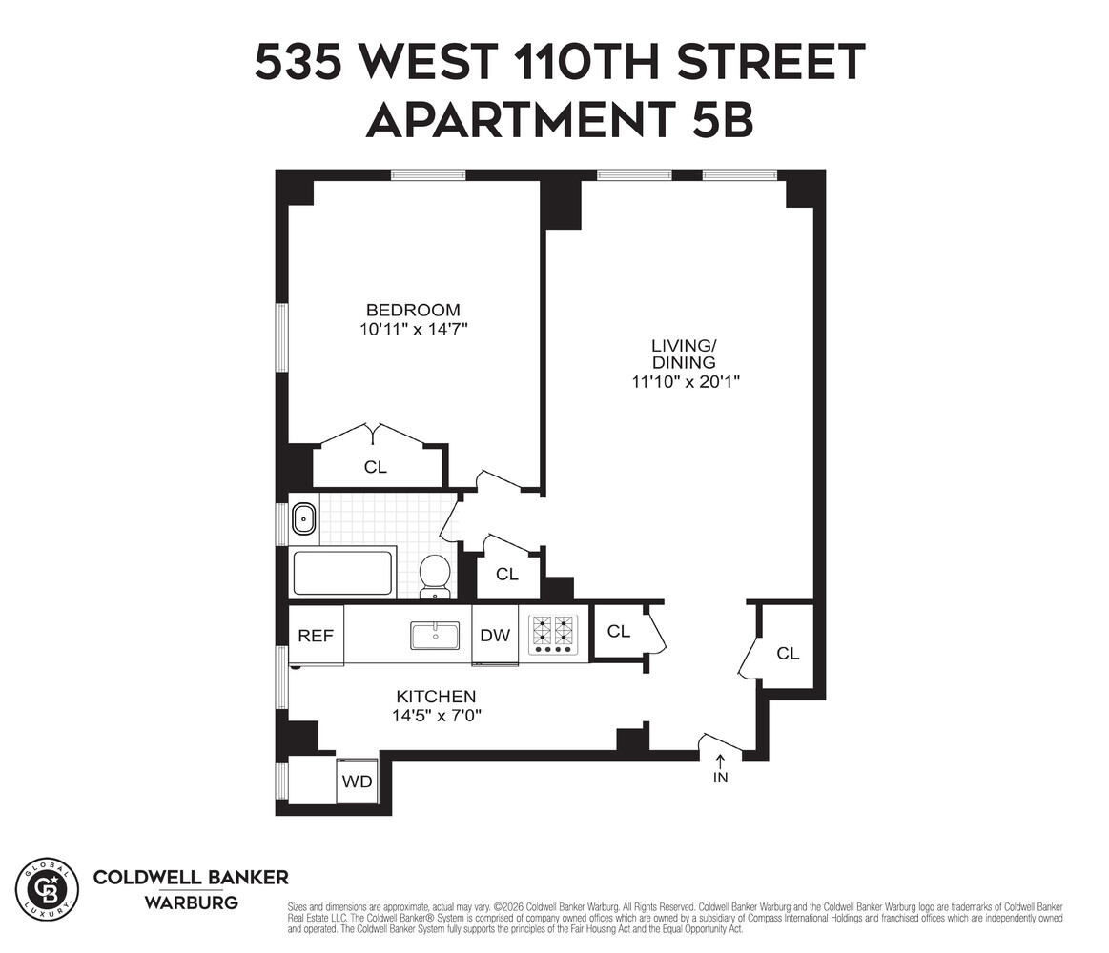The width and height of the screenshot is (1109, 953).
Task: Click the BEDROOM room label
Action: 413,311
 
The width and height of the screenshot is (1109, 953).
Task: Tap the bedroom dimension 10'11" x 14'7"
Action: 413,330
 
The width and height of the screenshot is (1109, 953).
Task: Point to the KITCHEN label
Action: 436,697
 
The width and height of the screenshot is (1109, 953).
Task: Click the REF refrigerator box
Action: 316,636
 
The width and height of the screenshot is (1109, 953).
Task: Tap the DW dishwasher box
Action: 495,636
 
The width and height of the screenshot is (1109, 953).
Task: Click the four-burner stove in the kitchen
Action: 554,636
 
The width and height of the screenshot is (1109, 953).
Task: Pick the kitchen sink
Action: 435,636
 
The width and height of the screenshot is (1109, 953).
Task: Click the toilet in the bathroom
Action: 435,576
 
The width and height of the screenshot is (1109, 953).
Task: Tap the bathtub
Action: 343,573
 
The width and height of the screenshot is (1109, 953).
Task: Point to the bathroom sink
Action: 304,519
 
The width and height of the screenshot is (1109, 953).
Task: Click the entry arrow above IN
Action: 720,760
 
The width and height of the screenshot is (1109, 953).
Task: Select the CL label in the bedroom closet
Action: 376,468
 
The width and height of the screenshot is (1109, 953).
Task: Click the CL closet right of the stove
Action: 619,631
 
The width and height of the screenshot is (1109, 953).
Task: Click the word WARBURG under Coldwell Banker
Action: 191,902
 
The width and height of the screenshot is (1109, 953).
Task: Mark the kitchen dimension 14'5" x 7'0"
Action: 436,716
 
